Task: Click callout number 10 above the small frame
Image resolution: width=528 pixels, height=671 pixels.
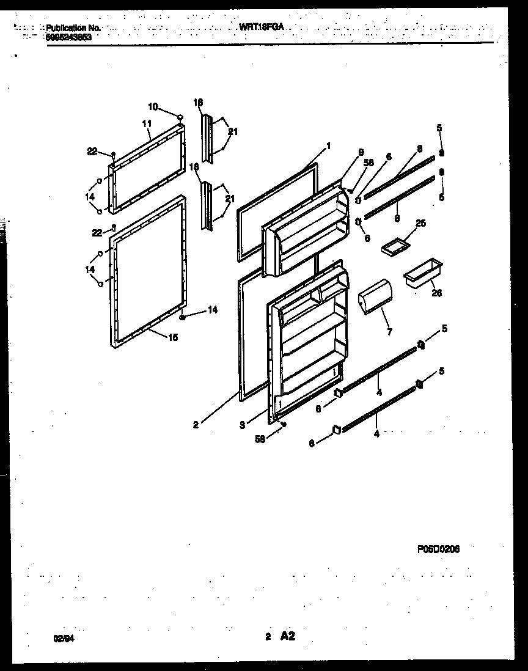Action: [x=153, y=107]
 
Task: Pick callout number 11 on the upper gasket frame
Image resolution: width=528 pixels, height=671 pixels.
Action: [x=146, y=123]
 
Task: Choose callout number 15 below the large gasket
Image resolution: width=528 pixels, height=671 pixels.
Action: [x=172, y=337]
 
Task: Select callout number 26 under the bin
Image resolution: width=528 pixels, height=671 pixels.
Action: [x=436, y=293]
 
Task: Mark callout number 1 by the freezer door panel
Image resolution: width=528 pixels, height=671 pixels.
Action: [x=328, y=145]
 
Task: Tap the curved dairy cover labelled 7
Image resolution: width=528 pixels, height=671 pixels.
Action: [x=373, y=297]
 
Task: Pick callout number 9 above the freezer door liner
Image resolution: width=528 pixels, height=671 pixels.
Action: [x=361, y=152]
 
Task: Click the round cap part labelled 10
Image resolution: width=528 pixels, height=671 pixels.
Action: [x=180, y=117]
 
